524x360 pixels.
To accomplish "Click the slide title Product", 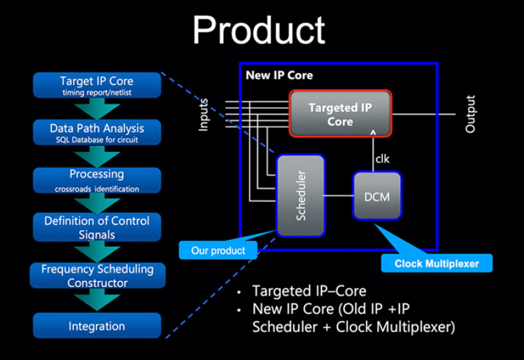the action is click(258, 30).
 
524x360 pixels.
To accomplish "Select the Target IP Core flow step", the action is click(97, 85).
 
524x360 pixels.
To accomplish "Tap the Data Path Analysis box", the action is click(97, 132).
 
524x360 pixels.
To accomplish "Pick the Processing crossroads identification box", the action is click(97, 180).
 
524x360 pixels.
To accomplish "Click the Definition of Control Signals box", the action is click(97, 227).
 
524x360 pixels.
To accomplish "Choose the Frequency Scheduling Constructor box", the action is click(98, 276).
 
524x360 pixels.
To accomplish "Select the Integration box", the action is click(97, 325).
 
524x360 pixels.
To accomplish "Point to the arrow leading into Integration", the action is click(97, 300).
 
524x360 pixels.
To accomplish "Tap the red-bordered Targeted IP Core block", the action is click(340, 114).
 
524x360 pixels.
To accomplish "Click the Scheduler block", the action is click(301, 196).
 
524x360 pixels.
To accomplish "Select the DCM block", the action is click(377, 196).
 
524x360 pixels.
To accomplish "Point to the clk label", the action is click(382, 159).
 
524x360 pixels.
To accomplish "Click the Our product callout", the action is click(218, 250).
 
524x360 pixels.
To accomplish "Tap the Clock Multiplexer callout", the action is click(436, 263).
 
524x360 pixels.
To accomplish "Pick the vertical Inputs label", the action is click(203, 114).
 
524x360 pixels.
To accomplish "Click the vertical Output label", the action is click(470, 114).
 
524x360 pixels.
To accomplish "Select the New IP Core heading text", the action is click(279, 76).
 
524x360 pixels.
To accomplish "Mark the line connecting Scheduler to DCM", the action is click(339, 196).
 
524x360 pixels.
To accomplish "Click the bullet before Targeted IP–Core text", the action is click(239, 292).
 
